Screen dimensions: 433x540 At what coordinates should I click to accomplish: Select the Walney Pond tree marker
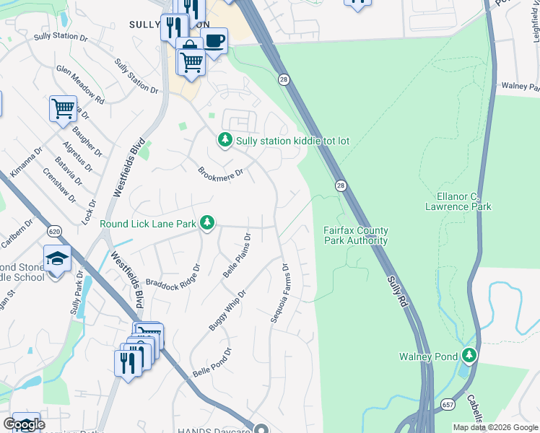tap(469, 355)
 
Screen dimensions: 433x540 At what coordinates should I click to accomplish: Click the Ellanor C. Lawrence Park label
tap(464, 201)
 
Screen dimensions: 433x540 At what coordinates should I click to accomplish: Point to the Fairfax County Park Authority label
tap(355, 235)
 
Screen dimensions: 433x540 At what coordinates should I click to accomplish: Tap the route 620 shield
tap(53, 232)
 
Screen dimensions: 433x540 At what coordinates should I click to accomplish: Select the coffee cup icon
tap(214, 40)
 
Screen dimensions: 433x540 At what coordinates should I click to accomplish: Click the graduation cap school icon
tap(57, 258)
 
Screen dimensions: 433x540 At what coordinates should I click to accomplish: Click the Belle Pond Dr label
tap(212, 363)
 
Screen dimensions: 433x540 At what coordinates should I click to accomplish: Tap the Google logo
tap(24, 424)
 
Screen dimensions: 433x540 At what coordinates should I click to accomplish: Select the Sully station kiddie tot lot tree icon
tap(225, 139)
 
